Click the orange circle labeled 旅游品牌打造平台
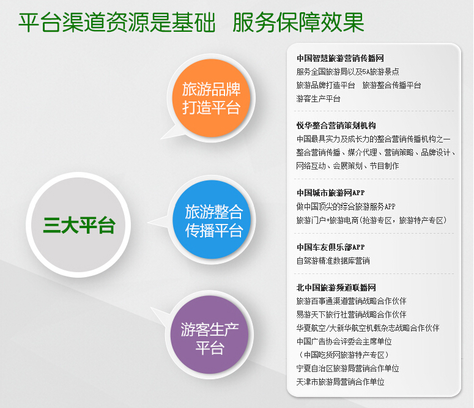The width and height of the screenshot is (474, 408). [x=211, y=98]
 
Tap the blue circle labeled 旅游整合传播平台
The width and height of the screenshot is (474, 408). [x=212, y=220]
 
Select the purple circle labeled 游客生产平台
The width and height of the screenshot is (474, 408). [x=210, y=335]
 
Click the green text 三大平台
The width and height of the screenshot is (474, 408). [x=79, y=225]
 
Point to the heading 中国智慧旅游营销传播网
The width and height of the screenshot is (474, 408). [x=340, y=58]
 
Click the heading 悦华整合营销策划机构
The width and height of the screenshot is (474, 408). [x=336, y=125]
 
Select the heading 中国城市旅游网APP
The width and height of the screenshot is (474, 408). [x=330, y=193]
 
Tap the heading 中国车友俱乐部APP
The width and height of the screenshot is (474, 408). [x=330, y=247]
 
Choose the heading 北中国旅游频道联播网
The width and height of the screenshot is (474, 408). [x=336, y=287]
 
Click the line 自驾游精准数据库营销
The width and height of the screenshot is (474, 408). [x=333, y=261]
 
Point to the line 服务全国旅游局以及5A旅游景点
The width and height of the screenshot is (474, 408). [x=347, y=72]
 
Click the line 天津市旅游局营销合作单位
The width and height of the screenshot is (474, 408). [x=340, y=382]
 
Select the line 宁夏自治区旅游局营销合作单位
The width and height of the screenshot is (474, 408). [x=347, y=368]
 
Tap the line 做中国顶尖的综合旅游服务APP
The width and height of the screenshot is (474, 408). [x=346, y=207]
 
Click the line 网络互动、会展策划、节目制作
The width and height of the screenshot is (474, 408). [x=347, y=166]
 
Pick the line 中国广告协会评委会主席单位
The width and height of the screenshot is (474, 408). [x=344, y=341]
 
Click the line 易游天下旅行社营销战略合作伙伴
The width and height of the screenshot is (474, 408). [x=351, y=314]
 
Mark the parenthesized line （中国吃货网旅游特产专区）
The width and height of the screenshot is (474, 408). [x=344, y=355]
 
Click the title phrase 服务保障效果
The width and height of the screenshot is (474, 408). [x=298, y=22]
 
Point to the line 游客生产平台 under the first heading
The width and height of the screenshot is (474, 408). [x=318, y=98]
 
